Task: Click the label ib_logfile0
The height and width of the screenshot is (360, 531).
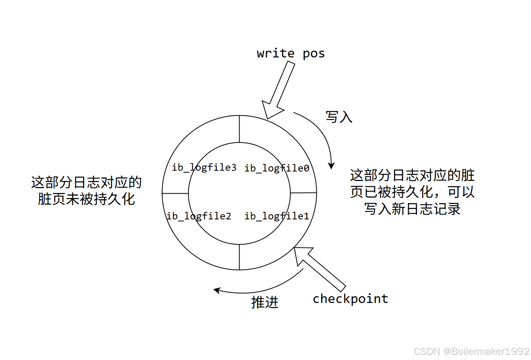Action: tap(277, 168)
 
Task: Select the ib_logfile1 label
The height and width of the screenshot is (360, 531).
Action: tap(277, 216)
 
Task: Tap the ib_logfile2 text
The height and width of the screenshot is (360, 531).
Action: tap(199, 216)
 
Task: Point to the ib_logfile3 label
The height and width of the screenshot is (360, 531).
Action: tap(204, 168)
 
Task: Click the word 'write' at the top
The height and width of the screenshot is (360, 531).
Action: tap(276, 53)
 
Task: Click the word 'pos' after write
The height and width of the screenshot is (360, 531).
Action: tap(314, 53)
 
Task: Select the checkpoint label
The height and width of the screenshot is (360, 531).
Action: tap(350, 299)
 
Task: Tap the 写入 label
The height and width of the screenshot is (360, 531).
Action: tap(339, 117)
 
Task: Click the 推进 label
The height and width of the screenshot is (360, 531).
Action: tap(265, 302)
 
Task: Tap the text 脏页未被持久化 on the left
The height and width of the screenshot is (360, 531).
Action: tap(86, 199)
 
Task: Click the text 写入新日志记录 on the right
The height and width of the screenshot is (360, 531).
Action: tap(412, 209)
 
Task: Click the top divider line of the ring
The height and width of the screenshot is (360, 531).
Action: tap(239, 129)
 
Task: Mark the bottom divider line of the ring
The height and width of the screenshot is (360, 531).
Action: tap(239, 257)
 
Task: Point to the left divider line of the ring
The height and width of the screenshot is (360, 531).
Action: tap(175, 193)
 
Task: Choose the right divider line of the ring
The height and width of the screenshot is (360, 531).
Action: tap(303, 193)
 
